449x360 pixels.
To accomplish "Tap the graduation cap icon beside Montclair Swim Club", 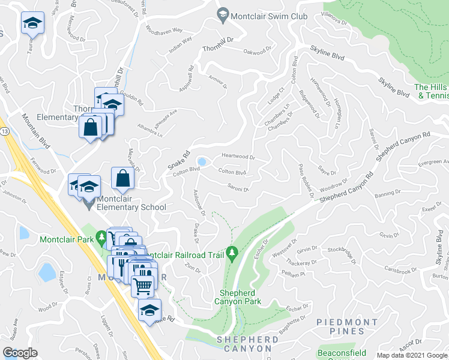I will (x=223, y=16).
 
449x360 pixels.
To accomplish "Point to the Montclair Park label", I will (x=66, y=239).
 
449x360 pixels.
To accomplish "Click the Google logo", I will (x=20, y=352).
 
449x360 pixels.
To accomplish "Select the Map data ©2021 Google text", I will (x=411, y=355).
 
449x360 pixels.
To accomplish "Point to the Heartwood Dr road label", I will (x=238, y=157).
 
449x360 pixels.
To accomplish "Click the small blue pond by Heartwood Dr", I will (x=203, y=161).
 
